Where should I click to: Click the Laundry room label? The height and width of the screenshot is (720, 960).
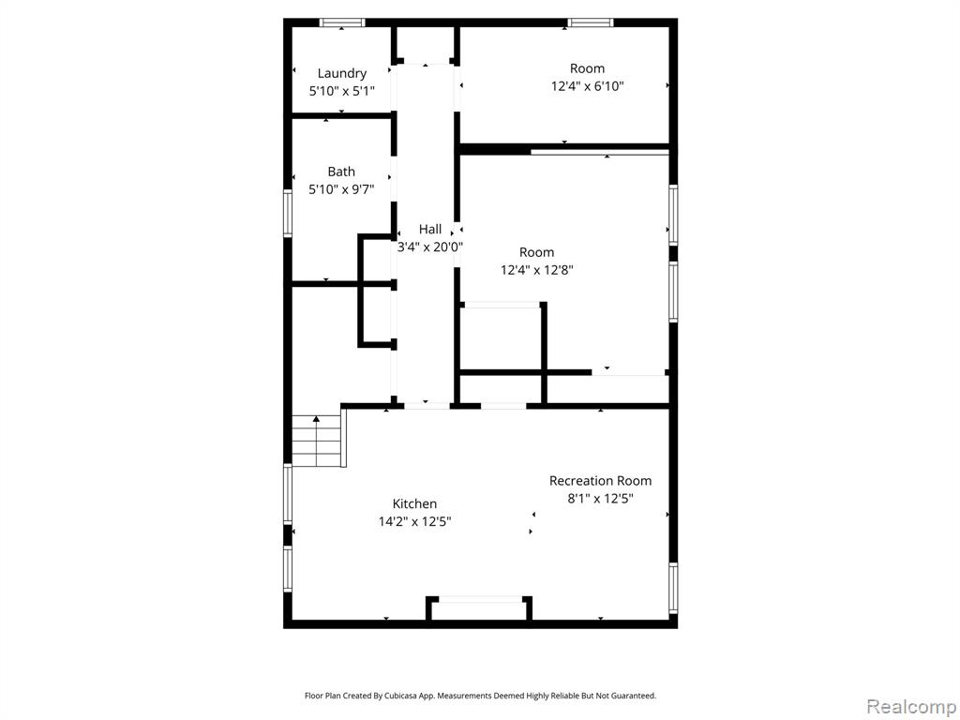[x=341, y=73]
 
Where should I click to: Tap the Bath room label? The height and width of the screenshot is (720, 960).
[x=341, y=172]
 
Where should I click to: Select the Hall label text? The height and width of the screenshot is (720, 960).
[x=429, y=229]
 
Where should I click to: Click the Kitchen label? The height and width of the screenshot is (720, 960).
[x=414, y=503]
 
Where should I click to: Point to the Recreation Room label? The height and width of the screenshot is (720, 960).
[x=600, y=481]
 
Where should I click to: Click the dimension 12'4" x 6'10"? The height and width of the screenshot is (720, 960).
[x=587, y=86]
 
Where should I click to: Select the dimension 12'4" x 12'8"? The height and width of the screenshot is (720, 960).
[x=537, y=270]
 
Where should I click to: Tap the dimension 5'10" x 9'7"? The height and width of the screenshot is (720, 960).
[x=341, y=189]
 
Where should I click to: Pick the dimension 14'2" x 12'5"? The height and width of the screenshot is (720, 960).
[x=414, y=521]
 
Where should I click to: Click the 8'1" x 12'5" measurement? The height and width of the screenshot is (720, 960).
[x=600, y=499]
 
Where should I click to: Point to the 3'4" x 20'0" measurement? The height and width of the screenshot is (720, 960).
[x=429, y=247]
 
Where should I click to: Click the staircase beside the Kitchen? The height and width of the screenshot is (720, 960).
[x=316, y=441]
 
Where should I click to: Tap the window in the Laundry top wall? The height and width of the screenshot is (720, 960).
[x=342, y=22]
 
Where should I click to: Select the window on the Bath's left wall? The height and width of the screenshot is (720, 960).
[x=288, y=213]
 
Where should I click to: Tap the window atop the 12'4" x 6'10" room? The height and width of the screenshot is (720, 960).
[x=591, y=22]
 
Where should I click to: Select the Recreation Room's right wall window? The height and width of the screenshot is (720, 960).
[x=673, y=588]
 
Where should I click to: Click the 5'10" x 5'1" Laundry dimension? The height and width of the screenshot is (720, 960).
[x=341, y=91]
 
